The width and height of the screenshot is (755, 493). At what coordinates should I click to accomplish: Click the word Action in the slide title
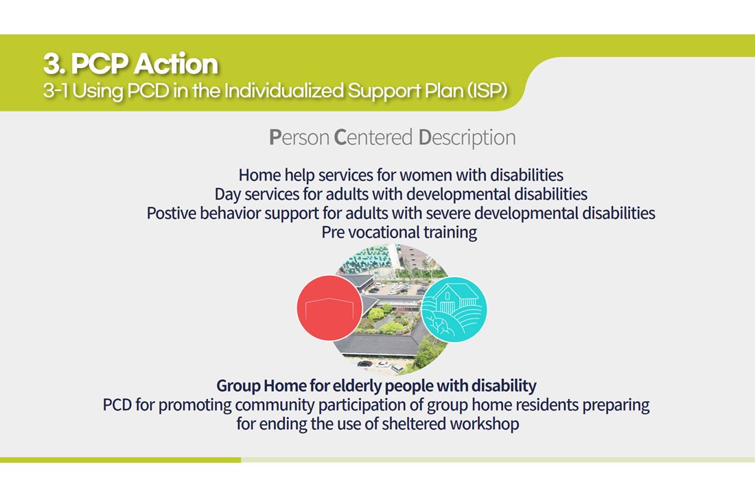click(176, 64)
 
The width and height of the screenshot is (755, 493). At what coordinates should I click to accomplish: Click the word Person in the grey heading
click(299, 137)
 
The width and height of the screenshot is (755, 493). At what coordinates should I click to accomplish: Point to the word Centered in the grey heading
click(373, 137)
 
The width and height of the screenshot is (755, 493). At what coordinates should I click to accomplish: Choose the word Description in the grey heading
click(467, 138)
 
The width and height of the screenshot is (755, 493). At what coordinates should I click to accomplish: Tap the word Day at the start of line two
click(227, 194)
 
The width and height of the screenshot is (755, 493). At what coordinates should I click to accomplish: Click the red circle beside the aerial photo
click(329, 308)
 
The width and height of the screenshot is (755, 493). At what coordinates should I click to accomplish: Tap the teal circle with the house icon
click(454, 310)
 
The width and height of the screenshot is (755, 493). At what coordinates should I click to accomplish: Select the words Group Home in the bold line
click(261, 385)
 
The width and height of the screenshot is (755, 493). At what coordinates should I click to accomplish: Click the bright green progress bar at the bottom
click(120, 460)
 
